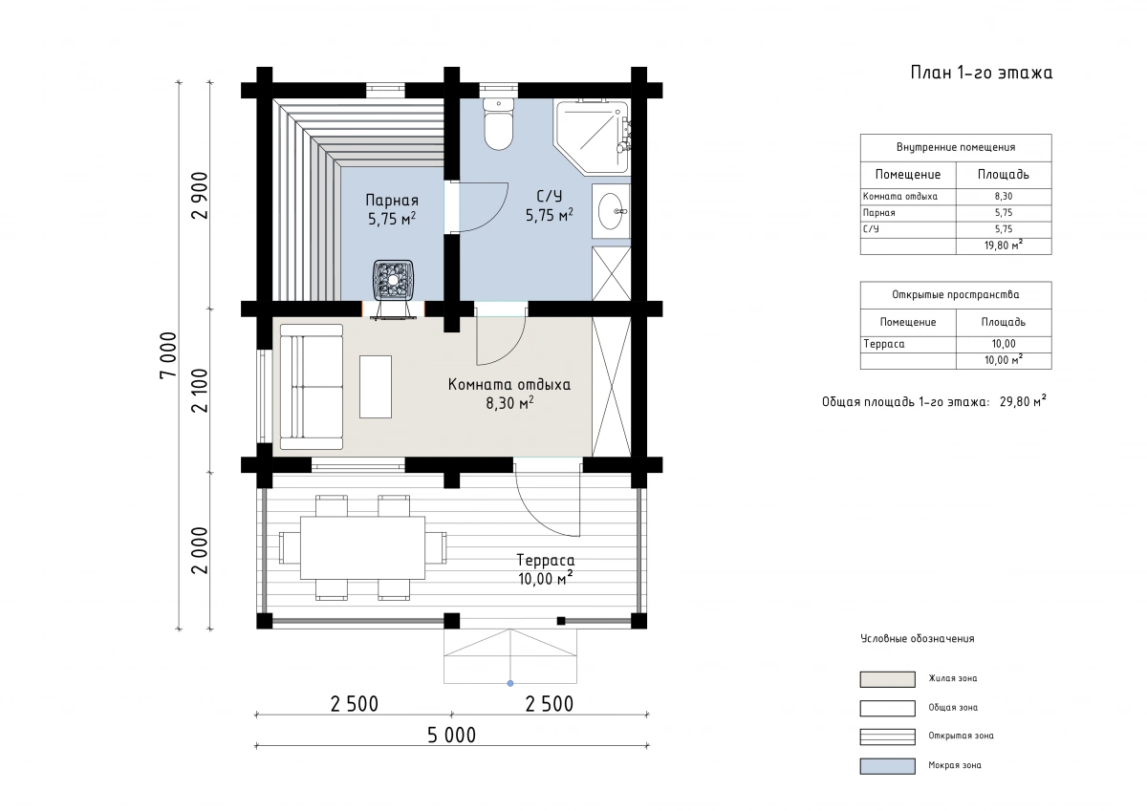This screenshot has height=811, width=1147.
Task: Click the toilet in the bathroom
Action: pos(498,124)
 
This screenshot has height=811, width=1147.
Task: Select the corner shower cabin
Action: pos(593,136)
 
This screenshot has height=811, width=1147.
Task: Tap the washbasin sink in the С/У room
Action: pos(611,211)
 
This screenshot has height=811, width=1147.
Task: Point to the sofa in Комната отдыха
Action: pos(312,386)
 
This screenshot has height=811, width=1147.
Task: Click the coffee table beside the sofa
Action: pos(376,386)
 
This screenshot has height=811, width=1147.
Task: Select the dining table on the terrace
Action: pos(362,547)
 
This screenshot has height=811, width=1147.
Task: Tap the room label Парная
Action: pos(392,200)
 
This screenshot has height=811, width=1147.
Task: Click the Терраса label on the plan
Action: pos(546,561)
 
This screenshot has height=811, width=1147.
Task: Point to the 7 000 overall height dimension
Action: pos(168,355)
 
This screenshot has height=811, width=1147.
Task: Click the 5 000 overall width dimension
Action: pos(451,736)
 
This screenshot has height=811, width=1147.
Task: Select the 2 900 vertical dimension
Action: pos(200,196)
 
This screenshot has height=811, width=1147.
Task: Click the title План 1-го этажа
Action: pos(981,73)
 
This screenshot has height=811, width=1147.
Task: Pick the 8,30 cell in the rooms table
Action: pos(1004,197)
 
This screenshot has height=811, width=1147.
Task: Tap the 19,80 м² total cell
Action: pos(1004,245)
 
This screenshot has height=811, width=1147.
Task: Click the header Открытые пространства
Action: pos(956,295)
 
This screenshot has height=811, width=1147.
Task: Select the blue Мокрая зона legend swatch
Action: pos(887,766)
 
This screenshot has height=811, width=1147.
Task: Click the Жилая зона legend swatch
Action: pos(887,679)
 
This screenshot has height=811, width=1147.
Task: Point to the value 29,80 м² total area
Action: pos(1023,401)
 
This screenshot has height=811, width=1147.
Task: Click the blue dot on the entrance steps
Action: pos(510,683)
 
